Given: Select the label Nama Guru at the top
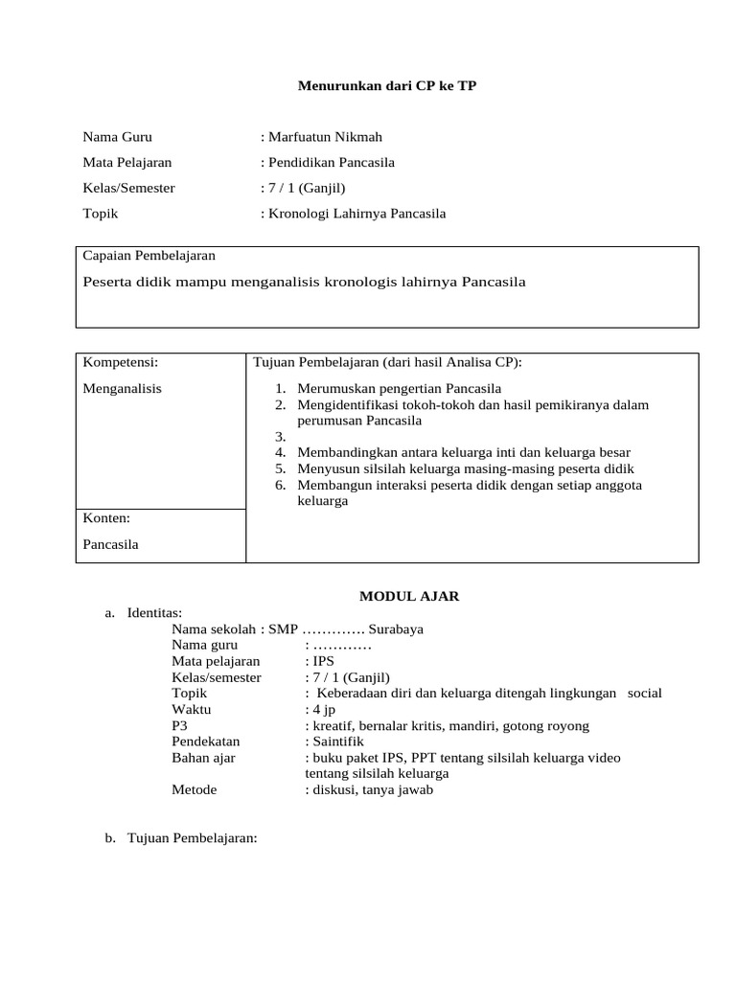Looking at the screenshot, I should click(x=117, y=137).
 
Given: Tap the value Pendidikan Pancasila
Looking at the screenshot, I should click(x=331, y=162).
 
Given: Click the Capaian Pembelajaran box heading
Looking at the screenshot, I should click(x=149, y=256).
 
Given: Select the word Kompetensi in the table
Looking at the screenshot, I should click(x=120, y=362).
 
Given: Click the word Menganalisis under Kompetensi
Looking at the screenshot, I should click(x=122, y=388).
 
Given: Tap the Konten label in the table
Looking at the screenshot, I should click(x=106, y=518).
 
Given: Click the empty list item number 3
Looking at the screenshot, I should click(x=280, y=437).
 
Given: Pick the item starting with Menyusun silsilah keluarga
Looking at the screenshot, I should click(x=466, y=468).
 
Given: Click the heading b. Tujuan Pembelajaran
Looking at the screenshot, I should click(x=181, y=838).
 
